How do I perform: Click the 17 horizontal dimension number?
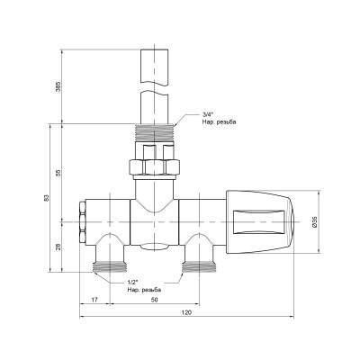pyautogui.click(x=94, y=299)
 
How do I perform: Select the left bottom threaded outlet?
pyautogui.click(x=110, y=265)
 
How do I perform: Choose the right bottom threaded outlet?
pyautogui.click(x=195, y=265)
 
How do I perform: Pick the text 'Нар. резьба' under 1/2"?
pyautogui.click(x=145, y=290)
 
